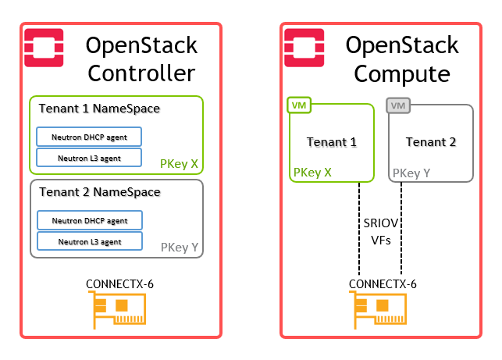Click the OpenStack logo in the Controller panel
tap(44, 48)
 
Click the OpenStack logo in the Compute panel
tap(304, 48)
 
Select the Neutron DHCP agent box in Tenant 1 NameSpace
tap(89, 137)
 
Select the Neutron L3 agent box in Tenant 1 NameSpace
tap(89, 158)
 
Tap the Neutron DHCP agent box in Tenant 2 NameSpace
tap(90, 220)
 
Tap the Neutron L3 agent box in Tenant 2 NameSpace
tap(90, 241)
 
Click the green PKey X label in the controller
tap(179, 164)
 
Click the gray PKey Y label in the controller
tap(180, 248)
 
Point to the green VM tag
tap(299, 105)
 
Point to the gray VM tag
tap(398, 105)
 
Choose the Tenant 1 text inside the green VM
tap(332, 142)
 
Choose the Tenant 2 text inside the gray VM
tap(431, 142)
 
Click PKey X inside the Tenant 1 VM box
tap(312, 173)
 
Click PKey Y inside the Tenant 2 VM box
tap(411, 173)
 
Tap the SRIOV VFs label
tap(381, 231)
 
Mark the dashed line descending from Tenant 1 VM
tap(359, 228)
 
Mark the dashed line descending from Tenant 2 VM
tap(401, 228)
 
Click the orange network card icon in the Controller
tap(118, 309)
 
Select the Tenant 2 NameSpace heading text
tap(100, 192)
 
